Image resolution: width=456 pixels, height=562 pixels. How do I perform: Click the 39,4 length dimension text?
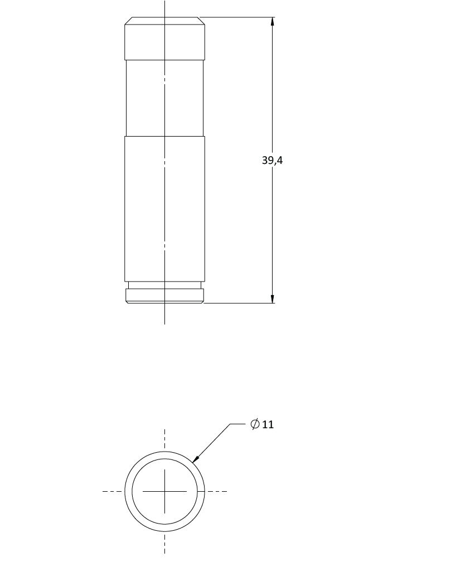click(x=272, y=161)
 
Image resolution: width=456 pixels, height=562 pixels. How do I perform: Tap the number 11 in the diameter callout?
click(x=268, y=425)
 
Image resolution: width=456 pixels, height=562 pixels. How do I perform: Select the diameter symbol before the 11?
click(x=255, y=424)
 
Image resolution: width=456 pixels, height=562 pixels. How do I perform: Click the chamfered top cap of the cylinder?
click(x=165, y=38)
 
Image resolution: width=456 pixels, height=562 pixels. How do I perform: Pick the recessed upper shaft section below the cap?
click(x=165, y=98)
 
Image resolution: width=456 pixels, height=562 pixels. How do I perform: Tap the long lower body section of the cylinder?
click(x=165, y=209)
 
